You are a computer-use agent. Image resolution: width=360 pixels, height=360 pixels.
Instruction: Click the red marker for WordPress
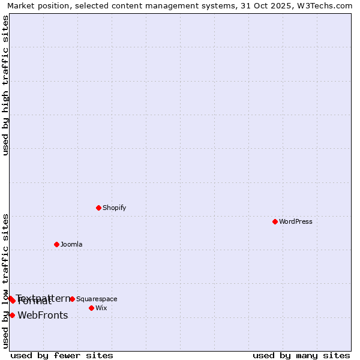pyautogui.click(x=275, y=221)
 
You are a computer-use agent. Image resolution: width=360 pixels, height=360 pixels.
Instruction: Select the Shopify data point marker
pyautogui.click(x=98, y=208)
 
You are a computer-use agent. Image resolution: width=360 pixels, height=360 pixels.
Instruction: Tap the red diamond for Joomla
pyautogui.click(x=56, y=244)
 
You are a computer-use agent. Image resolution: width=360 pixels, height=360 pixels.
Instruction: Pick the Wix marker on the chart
pyautogui.click(x=91, y=308)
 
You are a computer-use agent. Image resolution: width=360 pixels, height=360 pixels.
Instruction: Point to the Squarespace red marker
pyautogui.click(x=72, y=299)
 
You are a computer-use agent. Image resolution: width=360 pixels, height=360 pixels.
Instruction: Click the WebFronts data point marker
pyautogui.click(x=12, y=315)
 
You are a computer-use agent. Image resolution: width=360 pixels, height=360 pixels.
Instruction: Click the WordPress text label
pyautogui.click(x=296, y=222)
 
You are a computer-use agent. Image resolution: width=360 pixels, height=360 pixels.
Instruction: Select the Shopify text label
pyautogui.click(x=115, y=208)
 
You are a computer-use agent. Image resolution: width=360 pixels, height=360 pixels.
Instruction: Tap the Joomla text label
pyautogui.click(x=71, y=245)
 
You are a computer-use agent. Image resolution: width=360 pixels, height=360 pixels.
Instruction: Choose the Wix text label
pyautogui.click(x=101, y=308)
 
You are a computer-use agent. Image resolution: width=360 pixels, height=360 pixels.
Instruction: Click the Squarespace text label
pyautogui.click(x=97, y=299)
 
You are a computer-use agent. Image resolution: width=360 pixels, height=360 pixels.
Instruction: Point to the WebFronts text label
pyautogui.click(x=43, y=316)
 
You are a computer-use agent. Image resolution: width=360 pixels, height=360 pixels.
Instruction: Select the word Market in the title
pyautogui.click(x=22, y=6)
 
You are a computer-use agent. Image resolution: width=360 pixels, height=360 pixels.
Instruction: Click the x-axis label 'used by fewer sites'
pyautogui.click(x=62, y=355)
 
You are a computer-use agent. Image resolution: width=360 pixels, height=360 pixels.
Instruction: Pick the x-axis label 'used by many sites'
pyautogui.click(x=301, y=355)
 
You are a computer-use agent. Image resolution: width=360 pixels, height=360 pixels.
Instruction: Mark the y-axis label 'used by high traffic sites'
pyautogui.click(x=6, y=85)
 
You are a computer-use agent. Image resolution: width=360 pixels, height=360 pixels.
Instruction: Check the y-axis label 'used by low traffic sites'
pyautogui.click(x=6, y=281)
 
